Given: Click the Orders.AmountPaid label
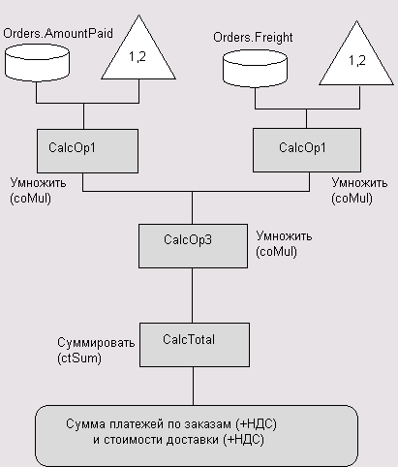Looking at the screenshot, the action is (x=58, y=34).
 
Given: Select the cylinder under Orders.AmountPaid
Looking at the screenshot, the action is (x=37, y=63).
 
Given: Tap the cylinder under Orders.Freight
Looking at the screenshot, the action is (x=255, y=69).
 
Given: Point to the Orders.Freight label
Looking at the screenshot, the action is (x=253, y=38).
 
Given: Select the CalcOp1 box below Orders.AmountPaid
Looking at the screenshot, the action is (x=88, y=151).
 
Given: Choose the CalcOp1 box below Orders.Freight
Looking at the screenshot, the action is (x=307, y=150).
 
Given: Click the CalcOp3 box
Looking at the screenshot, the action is (x=194, y=246).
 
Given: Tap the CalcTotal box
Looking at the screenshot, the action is (x=195, y=345).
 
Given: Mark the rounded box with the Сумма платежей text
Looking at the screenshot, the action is (x=197, y=436).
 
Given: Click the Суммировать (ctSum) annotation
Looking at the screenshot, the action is (x=96, y=350).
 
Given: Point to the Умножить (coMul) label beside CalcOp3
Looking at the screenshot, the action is (x=284, y=244).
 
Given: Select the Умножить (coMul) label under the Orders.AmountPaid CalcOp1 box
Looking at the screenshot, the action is (x=38, y=190).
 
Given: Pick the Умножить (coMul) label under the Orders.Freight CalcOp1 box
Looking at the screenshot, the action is (x=359, y=190).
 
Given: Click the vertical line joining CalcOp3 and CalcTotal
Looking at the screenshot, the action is (x=193, y=296).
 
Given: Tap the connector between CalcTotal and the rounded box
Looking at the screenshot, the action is (x=194, y=386).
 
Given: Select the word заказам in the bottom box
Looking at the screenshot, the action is (x=207, y=423).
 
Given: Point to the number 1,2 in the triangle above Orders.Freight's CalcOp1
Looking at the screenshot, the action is (x=357, y=60).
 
